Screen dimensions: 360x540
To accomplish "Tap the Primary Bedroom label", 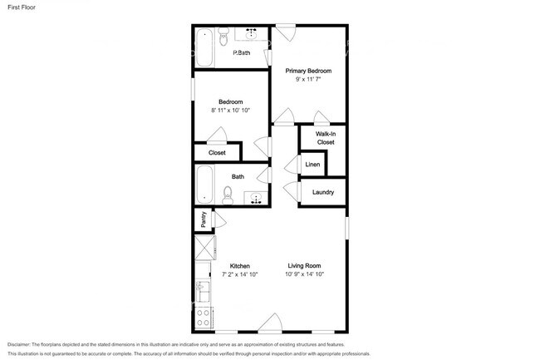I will pyautogui.click(x=307, y=72).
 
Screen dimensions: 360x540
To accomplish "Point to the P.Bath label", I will pyautogui.click(x=241, y=53).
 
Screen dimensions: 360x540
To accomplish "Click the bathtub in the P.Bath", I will pyautogui.click(x=204, y=47).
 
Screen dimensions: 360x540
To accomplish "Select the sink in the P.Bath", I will pyautogui.click(x=251, y=35).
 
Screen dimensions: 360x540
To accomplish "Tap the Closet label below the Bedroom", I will pyautogui.click(x=217, y=153).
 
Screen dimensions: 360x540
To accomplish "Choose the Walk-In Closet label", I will pyautogui.click(x=326, y=138).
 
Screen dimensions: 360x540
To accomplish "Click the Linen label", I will pyautogui.click(x=312, y=165).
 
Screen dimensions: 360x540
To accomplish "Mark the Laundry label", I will pyautogui.click(x=323, y=193).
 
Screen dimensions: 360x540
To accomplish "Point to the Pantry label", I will pyautogui.click(x=204, y=219).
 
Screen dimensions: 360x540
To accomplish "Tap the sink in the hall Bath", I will pyautogui.click(x=257, y=198).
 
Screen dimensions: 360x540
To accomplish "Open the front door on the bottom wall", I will pyautogui.click(x=270, y=323).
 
